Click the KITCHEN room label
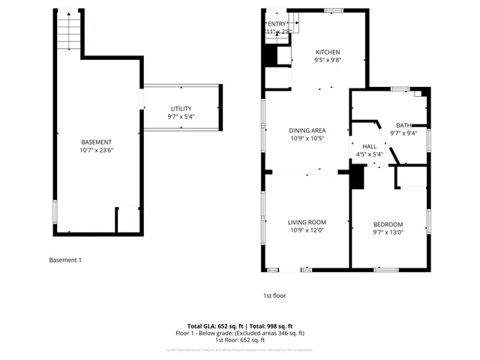(327, 52)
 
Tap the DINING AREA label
(307, 130)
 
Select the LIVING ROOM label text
(307, 222)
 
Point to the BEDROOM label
(388, 224)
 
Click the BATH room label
(403, 125)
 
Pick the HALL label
(369, 146)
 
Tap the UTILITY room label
(181, 109)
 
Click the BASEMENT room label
(96, 142)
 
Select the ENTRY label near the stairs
(277, 24)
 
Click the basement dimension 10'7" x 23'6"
(96, 150)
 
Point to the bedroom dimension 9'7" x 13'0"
(388, 232)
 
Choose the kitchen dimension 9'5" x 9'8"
(327, 60)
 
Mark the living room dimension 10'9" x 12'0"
(307, 230)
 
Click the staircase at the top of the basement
(68, 32)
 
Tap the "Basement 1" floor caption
(64, 260)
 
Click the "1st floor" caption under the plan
(274, 295)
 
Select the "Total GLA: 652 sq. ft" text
(202, 326)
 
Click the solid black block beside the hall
(357, 177)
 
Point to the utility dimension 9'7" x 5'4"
(181, 117)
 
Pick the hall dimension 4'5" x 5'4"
(369, 154)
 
